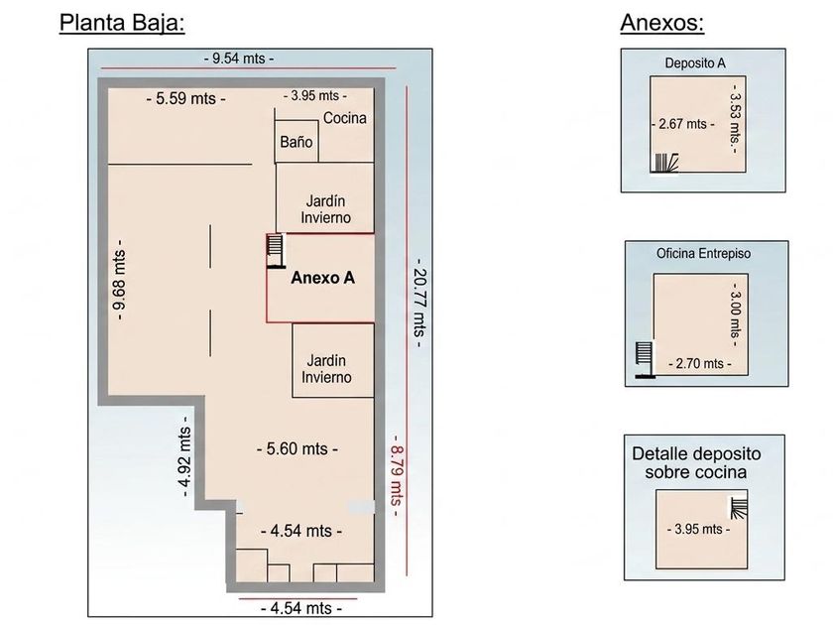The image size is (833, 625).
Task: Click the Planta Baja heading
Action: (x=122, y=24)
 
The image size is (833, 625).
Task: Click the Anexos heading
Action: (x=662, y=23)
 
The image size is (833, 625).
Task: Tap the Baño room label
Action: (x=296, y=142)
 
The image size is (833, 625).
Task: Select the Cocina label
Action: (x=345, y=118)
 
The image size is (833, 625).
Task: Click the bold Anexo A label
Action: (x=322, y=278)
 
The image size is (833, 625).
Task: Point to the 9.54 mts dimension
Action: (x=239, y=58)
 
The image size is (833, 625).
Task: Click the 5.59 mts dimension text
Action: (x=186, y=98)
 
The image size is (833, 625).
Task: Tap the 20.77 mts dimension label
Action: (x=419, y=303)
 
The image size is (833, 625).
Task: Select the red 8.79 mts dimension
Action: (x=398, y=475)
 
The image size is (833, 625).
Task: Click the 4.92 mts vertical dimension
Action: (x=184, y=456)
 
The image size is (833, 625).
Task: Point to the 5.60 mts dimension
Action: (x=297, y=449)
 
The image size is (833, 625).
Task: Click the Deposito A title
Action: (x=695, y=63)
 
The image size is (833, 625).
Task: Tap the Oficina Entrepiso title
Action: (x=703, y=254)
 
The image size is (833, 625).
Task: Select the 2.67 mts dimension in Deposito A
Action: (x=682, y=124)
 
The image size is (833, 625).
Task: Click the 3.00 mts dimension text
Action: (x=735, y=314)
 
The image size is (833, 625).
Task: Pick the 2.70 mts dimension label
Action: (x=700, y=364)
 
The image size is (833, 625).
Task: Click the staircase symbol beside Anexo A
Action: (x=276, y=251)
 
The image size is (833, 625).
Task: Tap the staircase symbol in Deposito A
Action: (x=665, y=163)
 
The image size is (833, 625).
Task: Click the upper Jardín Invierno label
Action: (x=325, y=209)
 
